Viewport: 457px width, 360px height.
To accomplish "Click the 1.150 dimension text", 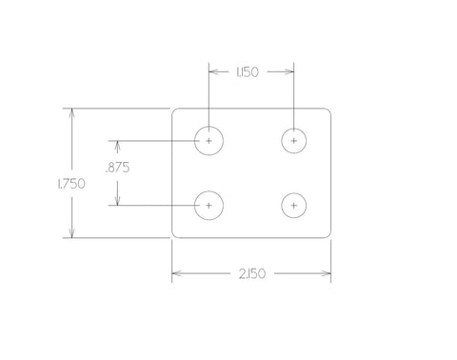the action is (248, 72).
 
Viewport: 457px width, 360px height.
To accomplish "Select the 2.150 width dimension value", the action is (252, 273).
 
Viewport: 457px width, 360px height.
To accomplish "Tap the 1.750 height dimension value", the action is (71, 184).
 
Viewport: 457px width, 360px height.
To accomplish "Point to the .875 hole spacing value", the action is (117, 168).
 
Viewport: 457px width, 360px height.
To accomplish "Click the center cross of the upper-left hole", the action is (209, 141).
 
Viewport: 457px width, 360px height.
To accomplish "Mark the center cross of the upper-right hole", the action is (294, 141).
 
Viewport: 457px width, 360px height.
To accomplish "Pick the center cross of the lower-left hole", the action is (209, 206).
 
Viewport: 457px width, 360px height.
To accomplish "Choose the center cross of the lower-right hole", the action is (294, 206).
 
